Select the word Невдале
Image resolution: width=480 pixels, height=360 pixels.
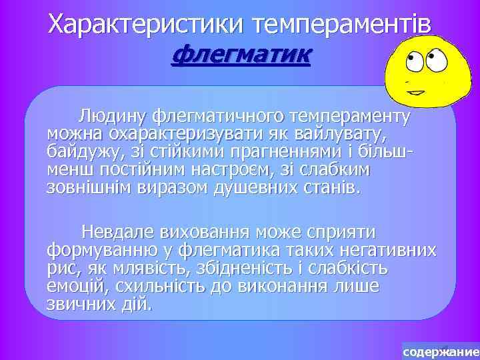[118, 233]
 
